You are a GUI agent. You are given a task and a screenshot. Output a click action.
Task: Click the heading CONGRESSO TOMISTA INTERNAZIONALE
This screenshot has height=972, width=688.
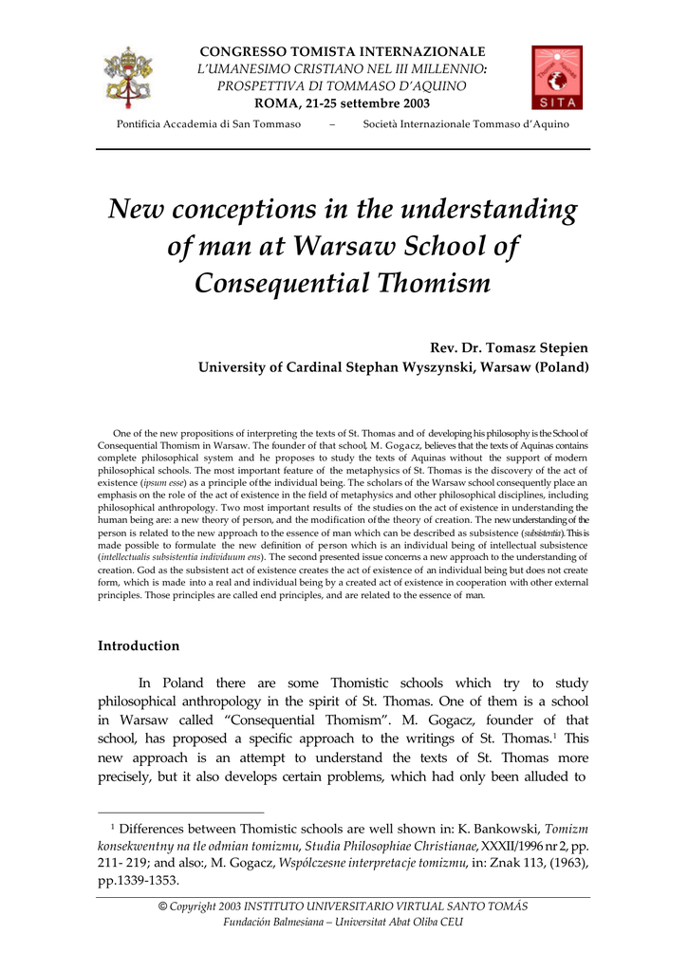(x=342, y=51)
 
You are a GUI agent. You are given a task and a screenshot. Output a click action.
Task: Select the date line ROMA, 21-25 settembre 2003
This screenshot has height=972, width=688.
(x=342, y=103)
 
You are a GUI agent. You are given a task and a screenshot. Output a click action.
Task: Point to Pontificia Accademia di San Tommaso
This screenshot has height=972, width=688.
(x=208, y=125)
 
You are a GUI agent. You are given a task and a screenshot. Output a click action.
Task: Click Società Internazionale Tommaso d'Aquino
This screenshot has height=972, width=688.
(x=466, y=125)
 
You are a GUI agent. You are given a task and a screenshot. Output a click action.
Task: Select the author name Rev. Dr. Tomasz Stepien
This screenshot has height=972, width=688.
(x=510, y=348)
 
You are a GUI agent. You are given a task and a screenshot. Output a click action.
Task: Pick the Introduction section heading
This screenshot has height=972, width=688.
(x=139, y=645)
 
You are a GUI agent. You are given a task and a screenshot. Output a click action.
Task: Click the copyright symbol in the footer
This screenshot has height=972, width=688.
(x=162, y=907)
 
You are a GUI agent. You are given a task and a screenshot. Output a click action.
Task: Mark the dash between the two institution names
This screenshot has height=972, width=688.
(x=331, y=125)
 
